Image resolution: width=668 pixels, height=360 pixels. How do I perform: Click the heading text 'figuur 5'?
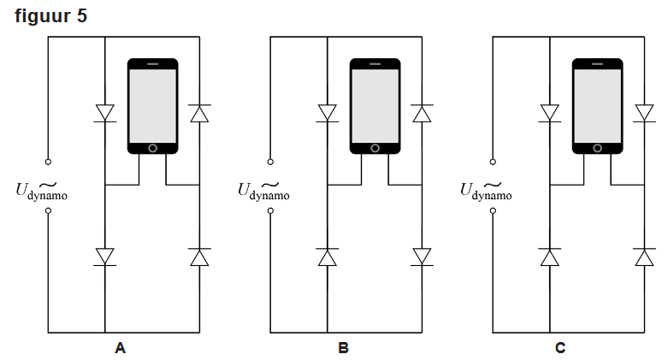tap(50, 15)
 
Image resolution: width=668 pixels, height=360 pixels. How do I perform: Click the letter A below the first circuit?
tap(120, 348)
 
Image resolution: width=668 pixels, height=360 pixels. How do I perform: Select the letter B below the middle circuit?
tap(343, 348)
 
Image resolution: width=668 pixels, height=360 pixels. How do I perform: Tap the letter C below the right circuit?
tap(560, 348)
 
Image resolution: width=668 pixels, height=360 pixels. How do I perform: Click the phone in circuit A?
tap(152, 106)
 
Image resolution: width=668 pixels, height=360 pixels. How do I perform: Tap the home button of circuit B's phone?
tap(375, 148)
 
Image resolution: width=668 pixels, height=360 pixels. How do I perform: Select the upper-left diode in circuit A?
tap(104, 113)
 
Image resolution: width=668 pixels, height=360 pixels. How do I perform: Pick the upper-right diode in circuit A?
tap(199, 113)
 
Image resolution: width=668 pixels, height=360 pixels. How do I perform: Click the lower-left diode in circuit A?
tap(104, 256)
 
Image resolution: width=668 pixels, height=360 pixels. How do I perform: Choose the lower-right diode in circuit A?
tap(199, 256)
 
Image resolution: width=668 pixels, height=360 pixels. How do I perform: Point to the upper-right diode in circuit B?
tap(422, 113)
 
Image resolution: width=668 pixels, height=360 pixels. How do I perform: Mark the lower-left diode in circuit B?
tap(327, 256)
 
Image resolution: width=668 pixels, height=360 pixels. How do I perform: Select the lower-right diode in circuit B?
tap(422, 256)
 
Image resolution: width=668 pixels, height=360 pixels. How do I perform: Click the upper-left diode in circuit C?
tap(549, 113)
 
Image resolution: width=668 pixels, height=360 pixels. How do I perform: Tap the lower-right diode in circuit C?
tap(644, 256)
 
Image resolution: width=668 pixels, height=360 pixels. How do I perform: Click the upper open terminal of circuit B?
tap(270, 161)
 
